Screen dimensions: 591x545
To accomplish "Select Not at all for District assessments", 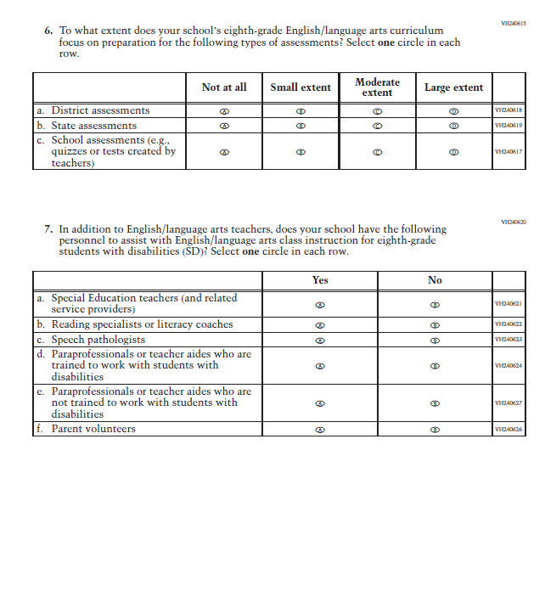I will [224, 111].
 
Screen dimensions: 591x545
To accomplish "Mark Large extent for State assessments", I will [454, 126].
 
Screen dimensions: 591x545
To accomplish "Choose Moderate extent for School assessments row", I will [377, 153].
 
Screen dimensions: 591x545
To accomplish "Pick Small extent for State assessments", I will [301, 126].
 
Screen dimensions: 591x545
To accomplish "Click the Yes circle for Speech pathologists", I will [320, 340].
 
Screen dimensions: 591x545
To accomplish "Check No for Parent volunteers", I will [435, 430].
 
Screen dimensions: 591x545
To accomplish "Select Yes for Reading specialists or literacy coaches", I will [320, 325].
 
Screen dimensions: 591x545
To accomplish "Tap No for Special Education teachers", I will [435, 304].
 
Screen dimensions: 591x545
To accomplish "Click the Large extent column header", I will [453, 87].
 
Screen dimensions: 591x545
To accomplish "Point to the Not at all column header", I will [224, 87].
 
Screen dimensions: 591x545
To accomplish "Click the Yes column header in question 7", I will [320, 280].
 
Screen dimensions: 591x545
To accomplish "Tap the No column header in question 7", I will [435, 280].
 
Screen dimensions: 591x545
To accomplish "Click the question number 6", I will [48, 31].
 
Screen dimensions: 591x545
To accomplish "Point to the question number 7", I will [48, 229].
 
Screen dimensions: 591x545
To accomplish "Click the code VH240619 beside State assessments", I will [508, 126].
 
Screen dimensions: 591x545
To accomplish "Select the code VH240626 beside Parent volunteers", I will [508, 430].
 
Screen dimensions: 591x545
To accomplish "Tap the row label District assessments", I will [100, 110].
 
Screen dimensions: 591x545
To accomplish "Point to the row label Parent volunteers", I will [93, 429].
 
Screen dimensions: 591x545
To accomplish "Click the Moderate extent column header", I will [377, 87].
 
